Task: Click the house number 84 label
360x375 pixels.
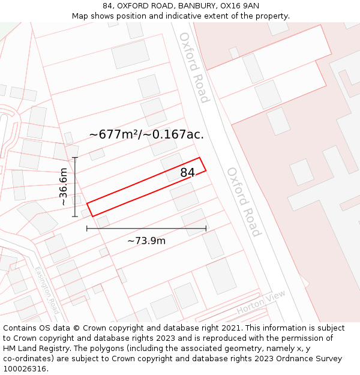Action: click(x=188, y=173)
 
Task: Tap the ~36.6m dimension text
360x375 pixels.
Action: click(x=64, y=187)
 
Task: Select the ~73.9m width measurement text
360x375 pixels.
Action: click(x=146, y=241)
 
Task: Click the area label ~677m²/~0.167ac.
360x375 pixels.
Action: click(x=146, y=134)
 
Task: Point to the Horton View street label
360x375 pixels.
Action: click(x=261, y=303)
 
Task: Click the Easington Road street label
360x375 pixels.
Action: click(x=46, y=290)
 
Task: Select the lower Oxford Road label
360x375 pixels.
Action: click(x=244, y=202)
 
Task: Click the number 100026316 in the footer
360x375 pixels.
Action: click(x=25, y=368)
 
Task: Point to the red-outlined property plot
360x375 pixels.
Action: click(x=146, y=187)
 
